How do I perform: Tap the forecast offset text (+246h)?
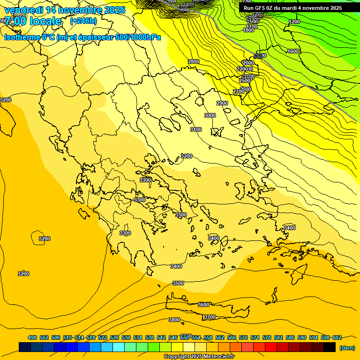coord(83,21)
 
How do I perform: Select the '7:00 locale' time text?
coord(33,21)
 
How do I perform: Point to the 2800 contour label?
coord(193,61)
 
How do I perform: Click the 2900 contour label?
coord(222,103)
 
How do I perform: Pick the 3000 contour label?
coord(210,115)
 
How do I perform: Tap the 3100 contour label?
coord(195,129)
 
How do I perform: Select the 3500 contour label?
coord(178,283)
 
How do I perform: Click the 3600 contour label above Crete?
coord(203,305)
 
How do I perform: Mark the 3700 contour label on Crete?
coord(210,317)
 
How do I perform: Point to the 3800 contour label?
coord(174,320)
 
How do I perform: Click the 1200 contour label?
coord(294,22)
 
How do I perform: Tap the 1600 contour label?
coord(293,51)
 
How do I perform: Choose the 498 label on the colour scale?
coord(32,337)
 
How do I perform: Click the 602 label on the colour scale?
coord(337,337)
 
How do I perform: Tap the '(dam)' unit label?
coord(347,347)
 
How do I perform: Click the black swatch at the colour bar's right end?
coord(330,347)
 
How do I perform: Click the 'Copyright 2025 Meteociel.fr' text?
coord(199,356)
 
